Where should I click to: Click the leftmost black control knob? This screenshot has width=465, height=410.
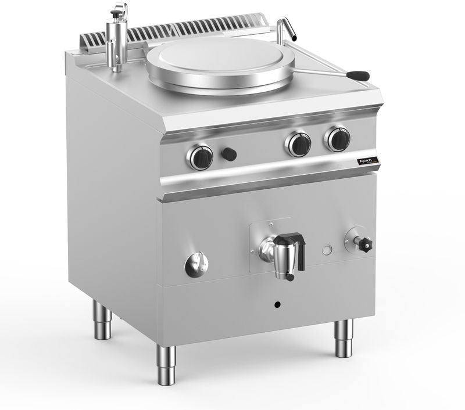201,157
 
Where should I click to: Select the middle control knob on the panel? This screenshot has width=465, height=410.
299,144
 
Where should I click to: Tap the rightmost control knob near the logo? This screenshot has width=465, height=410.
338,139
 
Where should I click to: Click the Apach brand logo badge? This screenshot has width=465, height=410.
366,160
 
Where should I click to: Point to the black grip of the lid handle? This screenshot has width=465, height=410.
358,75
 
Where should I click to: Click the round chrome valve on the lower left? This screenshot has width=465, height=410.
196,265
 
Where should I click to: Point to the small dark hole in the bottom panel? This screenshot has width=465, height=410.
277,305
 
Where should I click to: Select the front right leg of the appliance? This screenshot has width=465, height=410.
343,339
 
